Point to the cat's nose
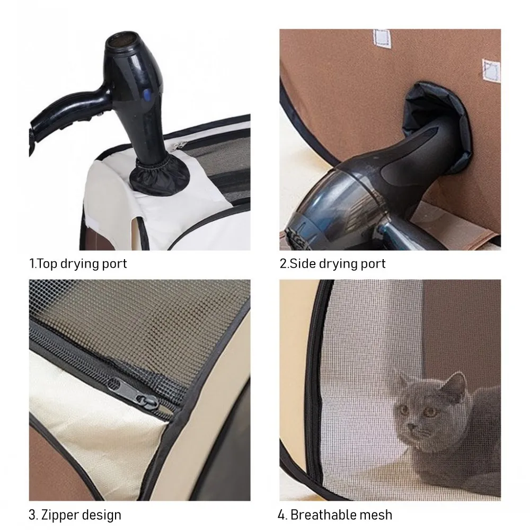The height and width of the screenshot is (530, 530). [x=412, y=427]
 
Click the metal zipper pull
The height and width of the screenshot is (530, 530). [x=134, y=393]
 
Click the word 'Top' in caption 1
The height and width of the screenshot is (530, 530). [x=46, y=264]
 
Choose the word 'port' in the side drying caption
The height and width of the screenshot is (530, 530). [x=372, y=264]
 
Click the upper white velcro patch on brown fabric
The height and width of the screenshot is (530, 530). [x=382, y=39]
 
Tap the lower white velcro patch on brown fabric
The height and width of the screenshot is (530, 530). [x=491, y=70]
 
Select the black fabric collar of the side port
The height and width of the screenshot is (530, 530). [x=438, y=125]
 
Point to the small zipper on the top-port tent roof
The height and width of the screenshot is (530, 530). [x=179, y=145]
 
